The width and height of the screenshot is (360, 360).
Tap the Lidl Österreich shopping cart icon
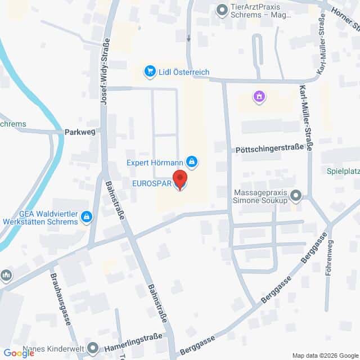click(150, 71)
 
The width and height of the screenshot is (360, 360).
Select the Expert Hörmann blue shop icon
click(192, 163)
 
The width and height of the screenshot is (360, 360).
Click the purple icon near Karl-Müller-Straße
click(259, 97)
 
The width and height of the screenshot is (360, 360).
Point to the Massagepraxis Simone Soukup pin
click(296, 196)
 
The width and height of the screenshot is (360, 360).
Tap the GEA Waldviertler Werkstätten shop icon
click(87, 216)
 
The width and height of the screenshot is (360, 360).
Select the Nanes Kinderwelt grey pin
click(94, 349)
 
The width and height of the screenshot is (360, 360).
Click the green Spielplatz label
click(344, 170)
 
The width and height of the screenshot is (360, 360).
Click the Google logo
click(19, 353)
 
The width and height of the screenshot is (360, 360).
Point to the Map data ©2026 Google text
click(325, 355)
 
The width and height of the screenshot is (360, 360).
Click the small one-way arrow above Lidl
click(188, 38)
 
